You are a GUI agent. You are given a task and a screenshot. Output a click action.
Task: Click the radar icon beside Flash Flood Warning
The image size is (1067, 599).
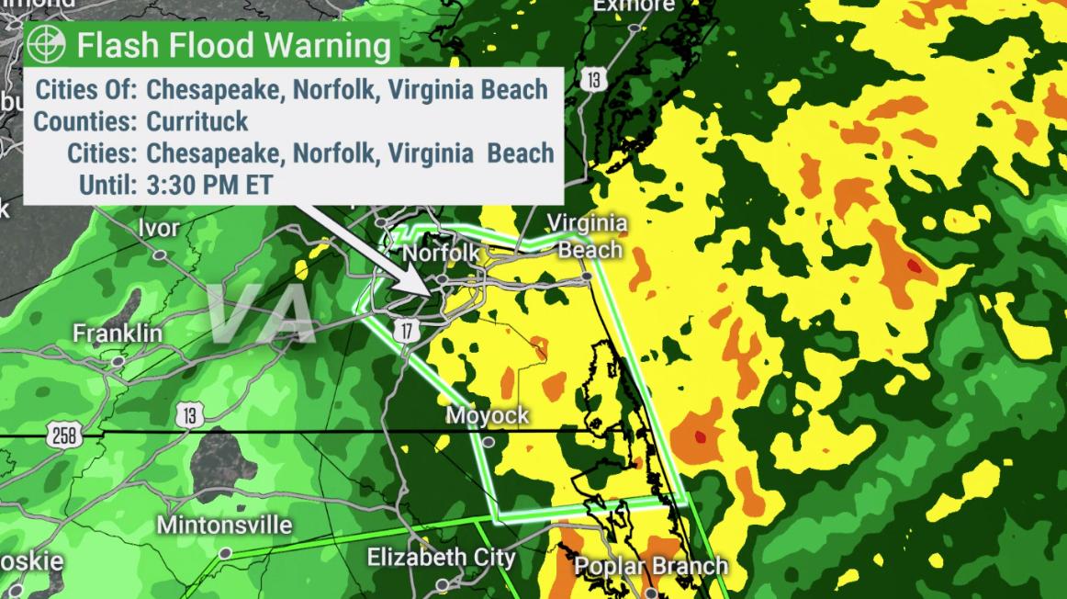(x=47, y=44)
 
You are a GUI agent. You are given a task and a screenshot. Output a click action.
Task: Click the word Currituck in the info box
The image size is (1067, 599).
(x=197, y=121)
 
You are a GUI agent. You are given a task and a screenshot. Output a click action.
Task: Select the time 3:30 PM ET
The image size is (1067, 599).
(x=209, y=184)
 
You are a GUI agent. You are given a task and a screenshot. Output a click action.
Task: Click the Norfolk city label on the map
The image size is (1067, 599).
(x=441, y=253)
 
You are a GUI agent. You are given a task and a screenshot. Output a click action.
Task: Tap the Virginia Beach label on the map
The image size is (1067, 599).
(x=588, y=236)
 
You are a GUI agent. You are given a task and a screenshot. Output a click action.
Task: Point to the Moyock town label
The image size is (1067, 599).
(x=488, y=416)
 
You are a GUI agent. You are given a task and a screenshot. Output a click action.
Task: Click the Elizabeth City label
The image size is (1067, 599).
(x=441, y=558)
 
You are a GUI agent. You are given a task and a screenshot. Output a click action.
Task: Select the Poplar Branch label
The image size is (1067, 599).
(x=651, y=566)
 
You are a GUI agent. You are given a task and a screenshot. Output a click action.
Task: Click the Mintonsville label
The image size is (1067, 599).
(x=224, y=526)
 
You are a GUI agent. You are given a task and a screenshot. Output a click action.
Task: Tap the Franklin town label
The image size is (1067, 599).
(x=118, y=333)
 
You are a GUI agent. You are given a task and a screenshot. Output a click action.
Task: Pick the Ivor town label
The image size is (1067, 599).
(x=159, y=228)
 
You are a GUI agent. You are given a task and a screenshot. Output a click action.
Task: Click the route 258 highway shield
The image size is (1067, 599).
(x=64, y=436)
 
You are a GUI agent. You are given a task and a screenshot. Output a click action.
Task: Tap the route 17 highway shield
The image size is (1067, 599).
(x=404, y=330)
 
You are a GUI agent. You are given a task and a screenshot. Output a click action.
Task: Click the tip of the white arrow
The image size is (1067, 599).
(x=427, y=294)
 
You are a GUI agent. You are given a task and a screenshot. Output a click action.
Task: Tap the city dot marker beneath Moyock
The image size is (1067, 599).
(x=489, y=442)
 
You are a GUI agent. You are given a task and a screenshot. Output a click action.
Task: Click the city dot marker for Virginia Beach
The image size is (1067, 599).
(x=586, y=276)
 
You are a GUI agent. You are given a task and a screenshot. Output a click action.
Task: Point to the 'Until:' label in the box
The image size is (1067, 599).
(x=108, y=184)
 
